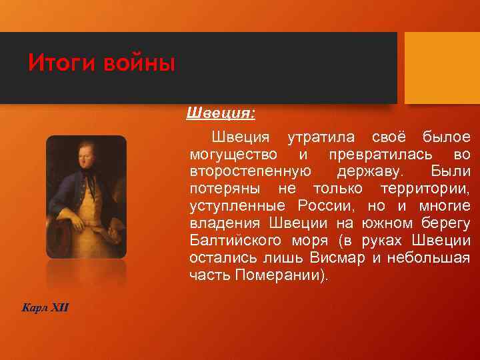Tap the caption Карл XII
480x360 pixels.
click(x=45, y=307)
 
